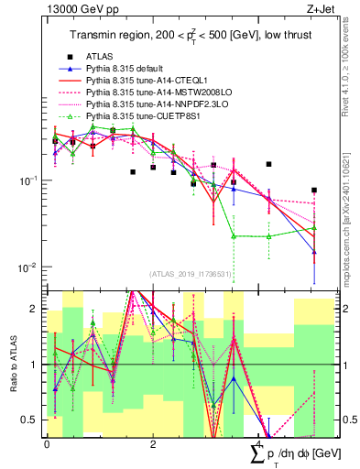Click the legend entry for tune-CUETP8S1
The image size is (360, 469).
(x=142, y=116)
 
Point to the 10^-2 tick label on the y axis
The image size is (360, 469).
(x=31, y=267)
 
